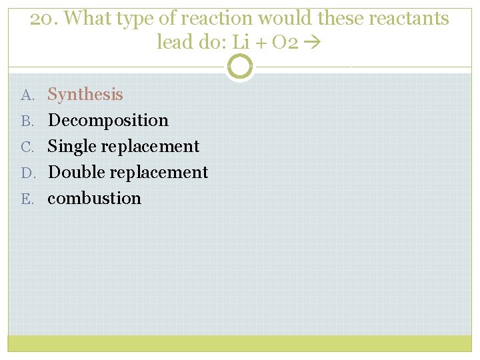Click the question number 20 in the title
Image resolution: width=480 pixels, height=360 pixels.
(42, 19)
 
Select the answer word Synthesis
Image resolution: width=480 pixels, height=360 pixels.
(85, 95)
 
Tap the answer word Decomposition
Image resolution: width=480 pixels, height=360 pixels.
(108, 121)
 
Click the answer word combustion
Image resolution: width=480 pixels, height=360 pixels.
(95, 199)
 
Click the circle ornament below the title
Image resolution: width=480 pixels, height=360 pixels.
(239, 67)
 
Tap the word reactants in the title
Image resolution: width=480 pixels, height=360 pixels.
(414, 19)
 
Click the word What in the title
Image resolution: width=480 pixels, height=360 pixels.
(91, 19)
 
